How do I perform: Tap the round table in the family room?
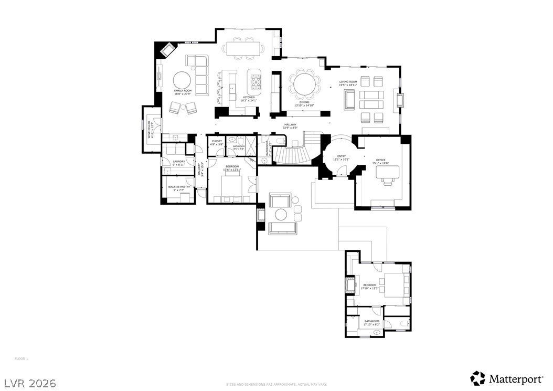pos(183,80)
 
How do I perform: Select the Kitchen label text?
pos(249,98)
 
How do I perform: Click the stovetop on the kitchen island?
pos(255,82)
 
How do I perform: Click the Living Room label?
pos(348,83)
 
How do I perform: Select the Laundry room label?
pos(179,163)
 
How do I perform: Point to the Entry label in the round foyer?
pos(342,157)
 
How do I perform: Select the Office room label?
pos(380,161)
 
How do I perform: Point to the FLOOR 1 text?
pos(21,358)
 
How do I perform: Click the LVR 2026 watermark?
pos(30,383)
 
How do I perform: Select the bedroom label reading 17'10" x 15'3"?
pos(370,287)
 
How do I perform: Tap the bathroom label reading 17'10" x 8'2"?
pos(371,323)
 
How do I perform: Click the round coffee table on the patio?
pos(281,214)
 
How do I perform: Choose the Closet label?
pos(217,142)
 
